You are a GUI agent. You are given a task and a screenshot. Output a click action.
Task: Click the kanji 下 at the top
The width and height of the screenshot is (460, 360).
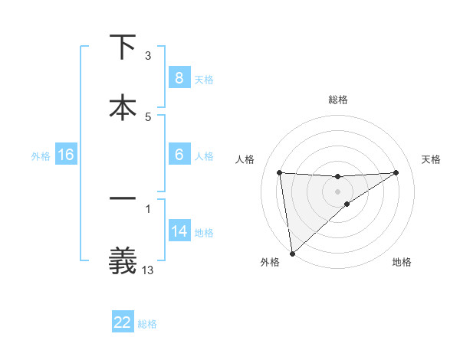(123, 48)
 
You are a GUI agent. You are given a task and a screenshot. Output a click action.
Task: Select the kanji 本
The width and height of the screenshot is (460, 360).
(123, 106)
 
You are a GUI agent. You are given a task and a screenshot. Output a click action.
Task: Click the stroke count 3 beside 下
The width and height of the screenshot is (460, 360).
(148, 56)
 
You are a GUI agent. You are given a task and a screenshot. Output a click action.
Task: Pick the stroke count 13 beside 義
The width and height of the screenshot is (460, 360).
(148, 270)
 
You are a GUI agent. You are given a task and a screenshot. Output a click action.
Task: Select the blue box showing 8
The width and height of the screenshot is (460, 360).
(179, 77)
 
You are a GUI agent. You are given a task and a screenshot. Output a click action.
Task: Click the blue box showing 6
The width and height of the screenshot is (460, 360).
(179, 155)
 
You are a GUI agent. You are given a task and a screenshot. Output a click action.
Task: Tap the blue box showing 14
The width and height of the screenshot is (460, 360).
(179, 231)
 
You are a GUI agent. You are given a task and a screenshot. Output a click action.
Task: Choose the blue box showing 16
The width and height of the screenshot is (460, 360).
(66, 155)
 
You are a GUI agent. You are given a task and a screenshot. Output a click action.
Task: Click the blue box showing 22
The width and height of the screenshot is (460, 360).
(123, 322)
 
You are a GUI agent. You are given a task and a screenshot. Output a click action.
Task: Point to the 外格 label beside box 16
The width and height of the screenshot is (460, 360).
(41, 155)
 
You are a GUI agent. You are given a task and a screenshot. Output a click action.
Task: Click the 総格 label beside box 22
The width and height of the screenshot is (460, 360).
(147, 324)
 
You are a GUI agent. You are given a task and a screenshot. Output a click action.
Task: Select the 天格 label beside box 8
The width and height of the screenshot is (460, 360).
(204, 79)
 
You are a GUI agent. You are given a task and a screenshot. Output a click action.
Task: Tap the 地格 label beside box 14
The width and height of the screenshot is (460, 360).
(204, 233)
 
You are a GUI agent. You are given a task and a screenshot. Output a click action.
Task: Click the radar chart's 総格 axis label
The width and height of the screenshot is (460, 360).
(338, 100)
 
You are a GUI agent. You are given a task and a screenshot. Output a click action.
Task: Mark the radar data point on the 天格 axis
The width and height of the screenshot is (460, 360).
(396, 172)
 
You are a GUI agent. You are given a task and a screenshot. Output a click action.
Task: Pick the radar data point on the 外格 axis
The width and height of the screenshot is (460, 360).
(291, 254)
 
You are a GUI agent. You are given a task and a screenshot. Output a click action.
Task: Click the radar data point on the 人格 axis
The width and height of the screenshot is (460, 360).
(279, 172)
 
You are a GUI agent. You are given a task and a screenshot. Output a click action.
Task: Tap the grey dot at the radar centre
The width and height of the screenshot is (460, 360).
(337, 191)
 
